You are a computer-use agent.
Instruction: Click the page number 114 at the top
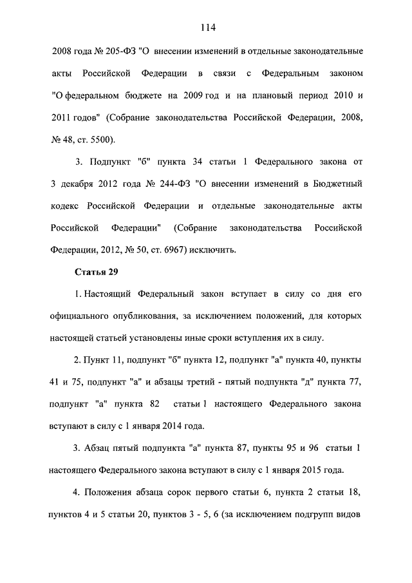pyautogui.click(x=206, y=27)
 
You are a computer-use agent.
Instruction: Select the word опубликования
pyautogui.click(x=160, y=316)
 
